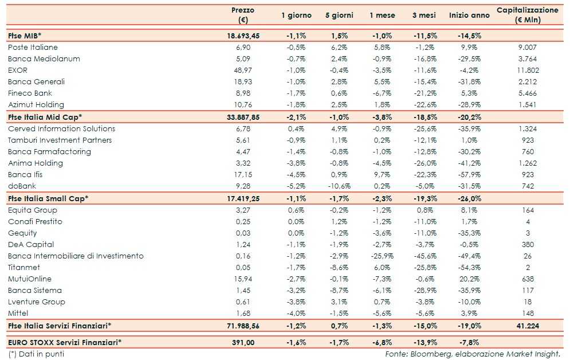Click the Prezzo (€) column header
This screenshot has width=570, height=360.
coord(243,15)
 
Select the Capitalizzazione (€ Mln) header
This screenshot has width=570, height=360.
coord(527,15)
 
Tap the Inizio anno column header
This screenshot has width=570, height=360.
coord(469,15)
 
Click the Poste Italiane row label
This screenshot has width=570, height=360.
coord(33,47)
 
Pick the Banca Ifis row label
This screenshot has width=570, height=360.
coord(25,174)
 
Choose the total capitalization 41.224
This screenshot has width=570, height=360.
coord(527,326)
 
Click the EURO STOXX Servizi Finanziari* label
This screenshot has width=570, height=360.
coord(65,342)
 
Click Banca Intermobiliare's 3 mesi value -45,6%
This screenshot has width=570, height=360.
coord(425,256)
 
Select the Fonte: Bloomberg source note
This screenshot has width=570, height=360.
coord(471,353)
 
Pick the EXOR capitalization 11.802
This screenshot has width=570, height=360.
coord(527,70)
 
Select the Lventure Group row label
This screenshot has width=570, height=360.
coord(37,302)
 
